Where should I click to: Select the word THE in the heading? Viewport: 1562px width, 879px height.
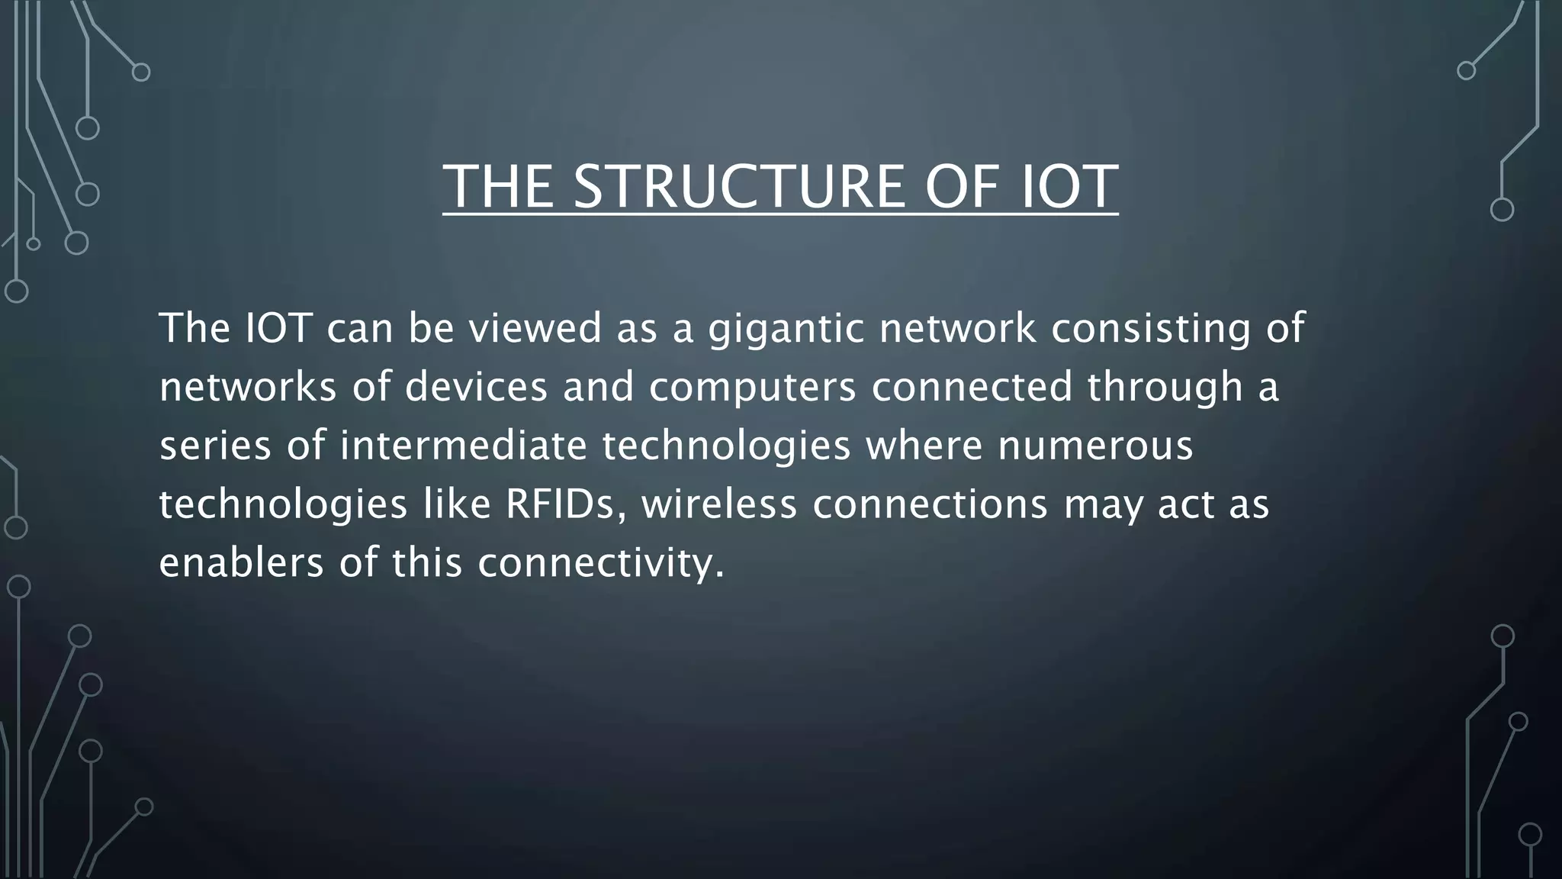click(x=498, y=187)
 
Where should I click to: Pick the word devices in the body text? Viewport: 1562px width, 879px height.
click(x=476, y=387)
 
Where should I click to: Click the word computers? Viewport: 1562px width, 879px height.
click(x=753, y=387)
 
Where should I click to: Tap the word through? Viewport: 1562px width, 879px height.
click(x=1165, y=387)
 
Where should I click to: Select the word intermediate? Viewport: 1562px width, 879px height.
click(x=463, y=446)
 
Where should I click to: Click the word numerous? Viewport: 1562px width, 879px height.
click(x=1095, y=446)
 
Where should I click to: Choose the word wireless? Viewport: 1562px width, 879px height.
click(x=718, y=504)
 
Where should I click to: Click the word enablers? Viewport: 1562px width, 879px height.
click(x=242, y=563)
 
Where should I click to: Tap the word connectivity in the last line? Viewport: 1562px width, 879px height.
click(x=600, y=563)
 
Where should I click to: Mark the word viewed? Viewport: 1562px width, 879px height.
click(x=535, y=329)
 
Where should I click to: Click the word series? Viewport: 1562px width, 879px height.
click(x=215, y=446)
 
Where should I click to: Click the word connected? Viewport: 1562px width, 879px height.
click(x=972, y=387)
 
